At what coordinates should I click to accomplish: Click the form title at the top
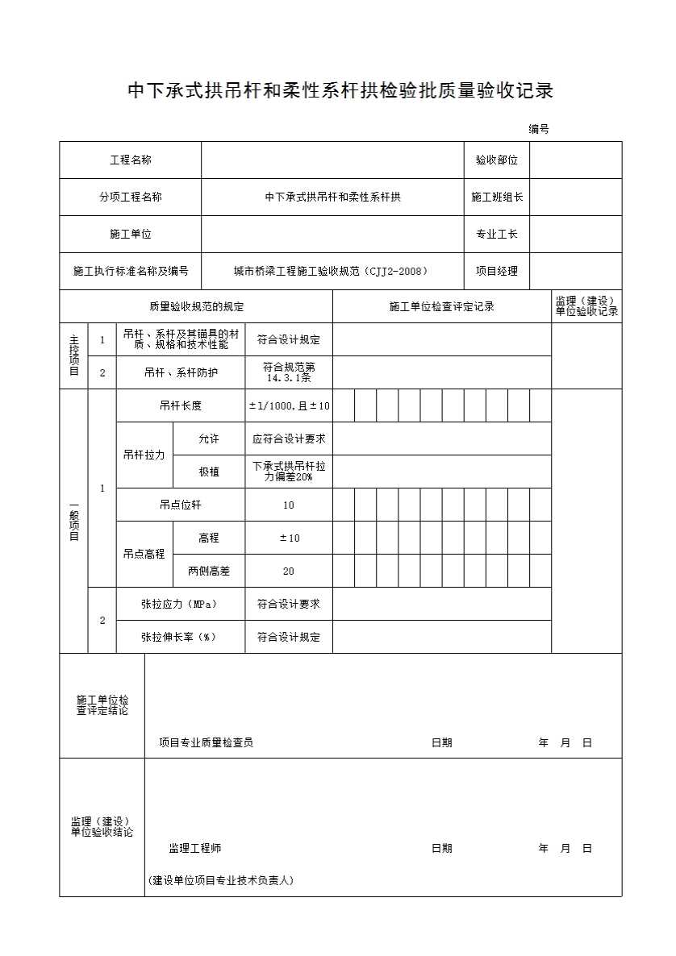pos(340,91)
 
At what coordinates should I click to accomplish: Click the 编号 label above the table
pos(539,129)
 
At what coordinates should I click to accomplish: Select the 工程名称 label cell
pos(131,160)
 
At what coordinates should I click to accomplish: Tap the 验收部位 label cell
pos(496,160)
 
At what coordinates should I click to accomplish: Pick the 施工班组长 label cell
pos(496,197)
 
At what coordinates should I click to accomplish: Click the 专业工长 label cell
pos(496,234)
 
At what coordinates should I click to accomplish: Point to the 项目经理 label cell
pos(496,271)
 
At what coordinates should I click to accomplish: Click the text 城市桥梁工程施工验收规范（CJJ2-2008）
pos(332,271)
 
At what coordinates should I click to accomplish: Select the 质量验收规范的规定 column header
pos(196,306)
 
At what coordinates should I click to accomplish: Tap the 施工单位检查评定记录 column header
pos(441,306)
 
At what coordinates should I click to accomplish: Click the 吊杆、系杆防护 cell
pos(181,372)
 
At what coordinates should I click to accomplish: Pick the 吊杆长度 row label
pos(181,405)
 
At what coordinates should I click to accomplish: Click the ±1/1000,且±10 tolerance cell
pos(289,405)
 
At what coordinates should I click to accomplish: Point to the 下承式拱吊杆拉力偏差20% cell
pos(289,472)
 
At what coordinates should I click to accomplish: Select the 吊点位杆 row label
pos(181,505)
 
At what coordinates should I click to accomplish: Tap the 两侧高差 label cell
pos(209,571)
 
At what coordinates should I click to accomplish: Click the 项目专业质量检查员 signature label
pos(206,742)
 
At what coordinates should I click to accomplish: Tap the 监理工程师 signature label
pos(194,848)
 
